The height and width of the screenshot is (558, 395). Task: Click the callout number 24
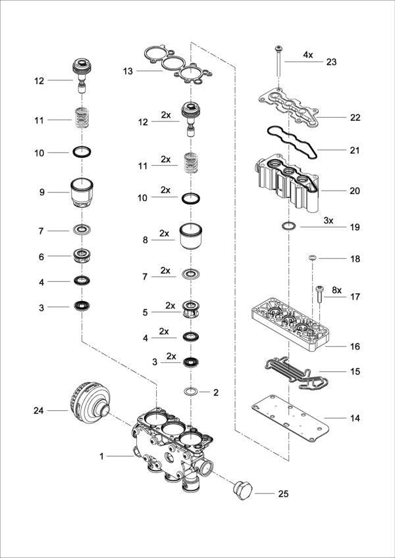(x=39, y=411)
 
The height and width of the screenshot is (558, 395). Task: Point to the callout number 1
(x=101, y=455)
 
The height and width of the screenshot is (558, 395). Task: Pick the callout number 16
(x=355, y=346)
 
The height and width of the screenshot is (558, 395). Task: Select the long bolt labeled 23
(x=280, y=62)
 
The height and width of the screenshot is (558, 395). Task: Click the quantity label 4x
(x=308, y=55)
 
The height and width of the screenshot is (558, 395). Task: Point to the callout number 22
(x=355, y=118)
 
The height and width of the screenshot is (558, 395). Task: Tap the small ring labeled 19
(x=288, y=227)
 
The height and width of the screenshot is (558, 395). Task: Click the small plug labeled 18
(x=313, y=258)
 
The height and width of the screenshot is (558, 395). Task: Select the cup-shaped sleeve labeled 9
(x=83, y=193)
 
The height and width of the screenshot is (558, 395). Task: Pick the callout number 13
(x=128, y=70)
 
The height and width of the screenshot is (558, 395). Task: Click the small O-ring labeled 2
(x=191, y=392)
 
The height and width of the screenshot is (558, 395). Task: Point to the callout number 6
(x=41, y=256)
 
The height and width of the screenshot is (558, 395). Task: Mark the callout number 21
(x=355, y=151)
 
